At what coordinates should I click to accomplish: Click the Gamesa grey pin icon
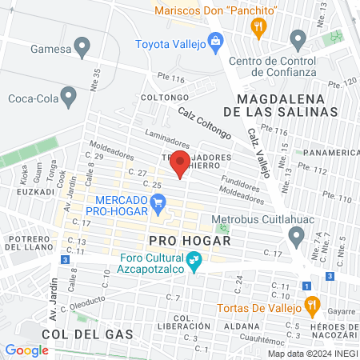(81, 45)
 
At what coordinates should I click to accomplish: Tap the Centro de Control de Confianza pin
(298, 38)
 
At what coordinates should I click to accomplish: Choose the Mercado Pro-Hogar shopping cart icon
(158, 206)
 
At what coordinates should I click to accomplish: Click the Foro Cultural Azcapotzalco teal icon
(193, 261)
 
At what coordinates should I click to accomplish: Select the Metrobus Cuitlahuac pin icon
(297, 235)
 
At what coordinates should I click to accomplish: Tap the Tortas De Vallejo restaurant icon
(312, 306)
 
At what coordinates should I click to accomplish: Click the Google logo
(26, 350)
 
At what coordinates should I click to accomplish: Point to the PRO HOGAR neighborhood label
(190, 240)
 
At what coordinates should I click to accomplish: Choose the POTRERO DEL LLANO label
(27, 242)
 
